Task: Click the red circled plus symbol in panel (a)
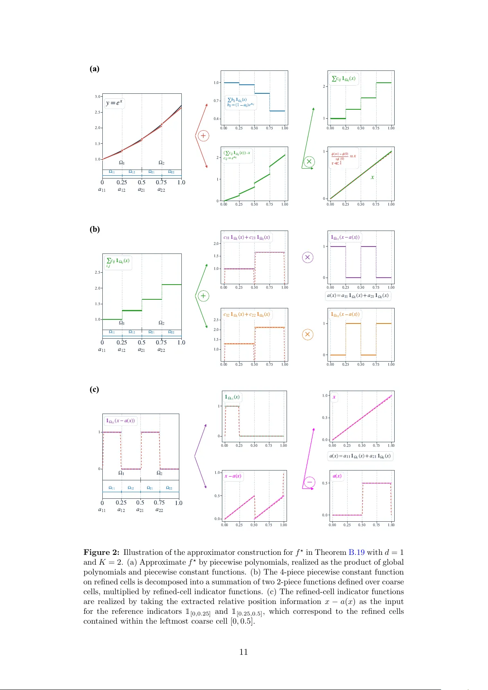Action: pyautogui.click(x=203, y=136)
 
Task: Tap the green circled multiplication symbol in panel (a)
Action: pyautogui.click(x=309, y=161)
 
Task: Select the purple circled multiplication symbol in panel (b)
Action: pyautogui.click(x=307, y=257)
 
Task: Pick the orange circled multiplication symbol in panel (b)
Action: pyautogui.click(x=307, y=335)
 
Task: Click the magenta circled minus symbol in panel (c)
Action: pyautogui.click(x=310, y=482)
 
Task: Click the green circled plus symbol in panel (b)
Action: pyautogui.click(x=203, y=296)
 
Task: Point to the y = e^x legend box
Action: pyautogui.click(x=114, y=103)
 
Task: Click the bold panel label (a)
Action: pyautogui.click(x=95, y=69)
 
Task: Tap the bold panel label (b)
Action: pyautogui.click(x=95, y=229)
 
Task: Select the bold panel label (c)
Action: pyautogui.click(x=94, y=389)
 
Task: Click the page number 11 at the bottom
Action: pyautogui.click(x=244, y=652)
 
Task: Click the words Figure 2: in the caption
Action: pyautogui.click(x=102, y=552)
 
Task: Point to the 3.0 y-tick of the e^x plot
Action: pyautogui.click(x=97, y=97)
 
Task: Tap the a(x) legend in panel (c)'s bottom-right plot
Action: pyautogui.click(x=337, y=476)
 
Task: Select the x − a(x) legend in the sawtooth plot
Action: pyautogui.click(x=233, y=476)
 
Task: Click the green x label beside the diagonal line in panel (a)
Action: pyautogui.click(x=372, y=177)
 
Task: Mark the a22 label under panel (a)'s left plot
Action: pyautogui.click(x=161, y=190)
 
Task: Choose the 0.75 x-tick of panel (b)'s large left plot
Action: pyautogui.click(x=161, y=342)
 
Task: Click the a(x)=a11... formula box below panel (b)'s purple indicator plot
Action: pyautogui.click(x=358, y=296)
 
